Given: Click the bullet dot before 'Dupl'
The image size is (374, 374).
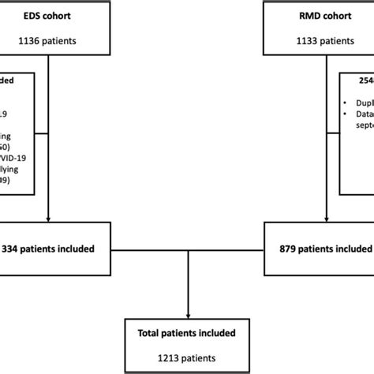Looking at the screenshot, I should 346,102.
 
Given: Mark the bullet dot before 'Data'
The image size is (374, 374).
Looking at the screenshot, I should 346,113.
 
